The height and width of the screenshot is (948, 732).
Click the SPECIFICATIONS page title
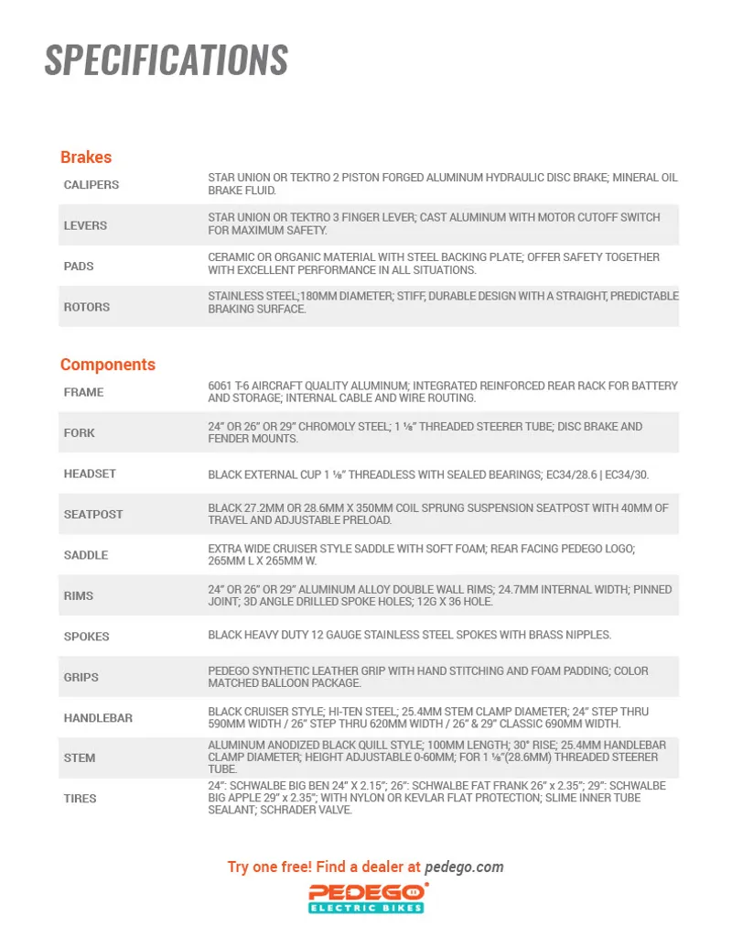(x=166, y=60)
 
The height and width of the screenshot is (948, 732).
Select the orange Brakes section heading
(x=86, y=157)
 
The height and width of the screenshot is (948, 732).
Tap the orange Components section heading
(x=108, y=365)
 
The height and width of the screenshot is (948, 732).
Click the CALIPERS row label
(x=91, y=185)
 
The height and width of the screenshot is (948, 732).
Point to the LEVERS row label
(x=85, y=225)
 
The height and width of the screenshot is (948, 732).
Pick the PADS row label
(x=79, y=267)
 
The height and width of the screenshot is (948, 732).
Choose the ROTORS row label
(x=87, y=307)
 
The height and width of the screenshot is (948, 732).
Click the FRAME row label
(x=83, y=392)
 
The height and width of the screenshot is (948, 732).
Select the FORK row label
(x=79, y=433)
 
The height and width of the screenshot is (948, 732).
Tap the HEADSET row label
(x=90, y=474)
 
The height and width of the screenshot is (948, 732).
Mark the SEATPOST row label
(x=93, y=515)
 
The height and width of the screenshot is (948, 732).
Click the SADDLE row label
(x=86, y=555)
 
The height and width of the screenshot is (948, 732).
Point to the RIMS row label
(x=80, y=596)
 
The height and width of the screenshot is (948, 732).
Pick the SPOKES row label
(x=86, y=637)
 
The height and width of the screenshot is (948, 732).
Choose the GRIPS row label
(x=81, y=678)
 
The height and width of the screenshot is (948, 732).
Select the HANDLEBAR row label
(x=98, y=718)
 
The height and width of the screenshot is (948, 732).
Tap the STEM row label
(x=80, y=758)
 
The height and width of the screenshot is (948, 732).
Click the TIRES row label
(x=80, y=799)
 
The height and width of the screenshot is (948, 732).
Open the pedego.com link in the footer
(x=464, y=866)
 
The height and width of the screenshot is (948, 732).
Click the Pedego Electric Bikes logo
(x=366, y=898)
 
